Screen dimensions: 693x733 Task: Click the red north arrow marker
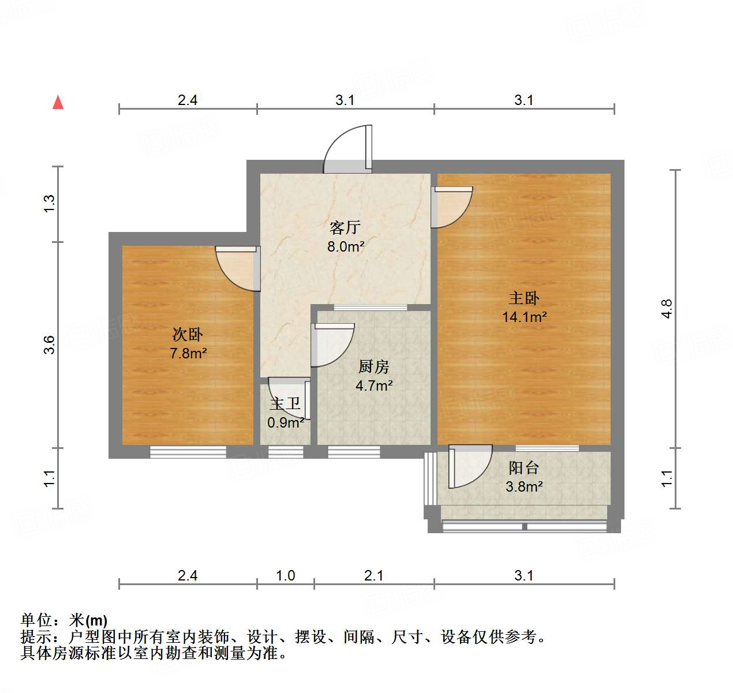pos(58,102)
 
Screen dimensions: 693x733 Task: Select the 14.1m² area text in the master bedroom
pos(524,317)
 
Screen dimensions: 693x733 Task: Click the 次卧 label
pos(188,334)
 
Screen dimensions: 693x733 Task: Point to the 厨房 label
pos(374,366)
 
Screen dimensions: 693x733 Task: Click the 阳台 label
pos(523,467)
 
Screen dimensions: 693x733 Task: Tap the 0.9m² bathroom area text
pos(285,423)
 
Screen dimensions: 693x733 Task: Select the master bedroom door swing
pos(452,207)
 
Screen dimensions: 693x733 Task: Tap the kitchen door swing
pos(332,345)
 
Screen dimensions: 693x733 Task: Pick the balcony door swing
pos(469,466)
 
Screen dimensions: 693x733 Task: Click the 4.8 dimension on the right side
pos(667,309)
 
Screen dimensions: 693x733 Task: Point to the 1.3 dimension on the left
pos(49,204)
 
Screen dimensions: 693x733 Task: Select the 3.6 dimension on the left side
pos(49,344)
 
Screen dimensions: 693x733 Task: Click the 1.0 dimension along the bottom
pos(285,575)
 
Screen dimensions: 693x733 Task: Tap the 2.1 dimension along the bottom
pos(374,575)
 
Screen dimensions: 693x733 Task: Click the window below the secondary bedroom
pos(188,452)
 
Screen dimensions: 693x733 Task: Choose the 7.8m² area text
pos(188,353)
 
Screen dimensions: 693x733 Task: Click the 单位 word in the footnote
pos(36,620)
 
